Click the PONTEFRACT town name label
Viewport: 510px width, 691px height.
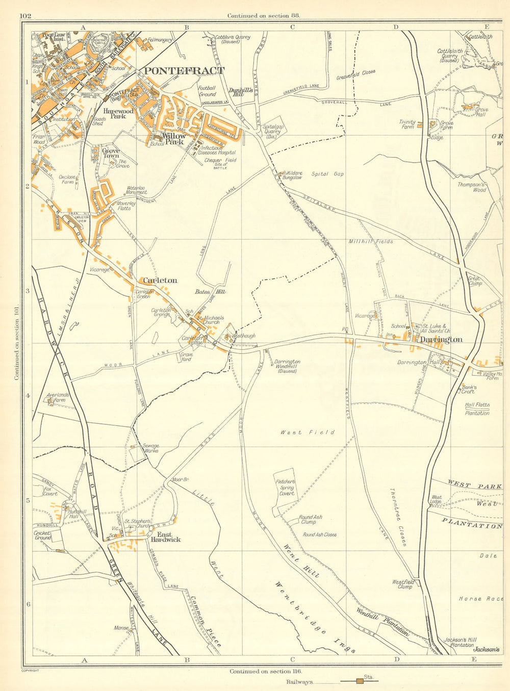[x=184, y=71]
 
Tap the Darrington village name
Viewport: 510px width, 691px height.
[x=441, y=340]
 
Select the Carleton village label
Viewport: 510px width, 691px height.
[x=160, y=280]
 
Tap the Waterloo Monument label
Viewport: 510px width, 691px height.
[x=136, y=191]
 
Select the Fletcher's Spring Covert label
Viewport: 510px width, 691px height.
[x=286, y=488]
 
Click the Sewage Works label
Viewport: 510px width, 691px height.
[x=151, y=448]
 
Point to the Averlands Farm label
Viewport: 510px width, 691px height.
[x=57, y=397]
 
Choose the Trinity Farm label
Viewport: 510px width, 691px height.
[x=407, y=124]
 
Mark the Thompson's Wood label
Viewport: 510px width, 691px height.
[x=472, y=187]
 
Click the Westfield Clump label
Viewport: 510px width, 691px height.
[x=402, y=584]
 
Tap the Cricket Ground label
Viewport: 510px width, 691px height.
[x=43, y=535]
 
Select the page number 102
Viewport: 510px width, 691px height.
[x=25, y=16]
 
